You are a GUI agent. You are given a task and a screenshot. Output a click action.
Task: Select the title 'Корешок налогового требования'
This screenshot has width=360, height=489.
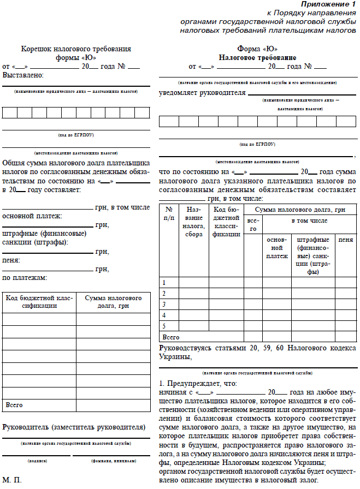tap(76, 49)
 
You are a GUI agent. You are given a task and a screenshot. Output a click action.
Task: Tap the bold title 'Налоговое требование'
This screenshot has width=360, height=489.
tap(257, 57)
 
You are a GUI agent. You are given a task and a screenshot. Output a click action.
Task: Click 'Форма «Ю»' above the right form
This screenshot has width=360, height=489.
tap(257, 49)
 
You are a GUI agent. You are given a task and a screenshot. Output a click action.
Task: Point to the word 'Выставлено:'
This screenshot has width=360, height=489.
tap(23, 75)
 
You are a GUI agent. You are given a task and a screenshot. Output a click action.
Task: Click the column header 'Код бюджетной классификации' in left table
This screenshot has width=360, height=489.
tap(39, 302)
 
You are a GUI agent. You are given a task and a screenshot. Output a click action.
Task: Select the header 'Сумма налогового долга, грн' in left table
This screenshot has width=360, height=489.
tap(113, 302)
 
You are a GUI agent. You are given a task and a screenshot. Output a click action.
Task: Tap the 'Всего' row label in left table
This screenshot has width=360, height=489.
tap(14, 405)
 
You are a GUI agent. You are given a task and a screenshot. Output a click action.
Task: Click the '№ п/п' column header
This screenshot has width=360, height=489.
tap(169, 213)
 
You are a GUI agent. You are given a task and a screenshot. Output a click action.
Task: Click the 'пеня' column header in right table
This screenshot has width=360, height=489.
tap(345, 240)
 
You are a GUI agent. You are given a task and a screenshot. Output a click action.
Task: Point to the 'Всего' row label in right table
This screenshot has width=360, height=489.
tap(171, 337)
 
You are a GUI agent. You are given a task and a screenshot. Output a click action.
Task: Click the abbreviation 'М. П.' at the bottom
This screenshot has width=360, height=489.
tap(12, 480)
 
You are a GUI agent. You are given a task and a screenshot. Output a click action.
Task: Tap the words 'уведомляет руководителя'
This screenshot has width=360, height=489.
tap(202, 93)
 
